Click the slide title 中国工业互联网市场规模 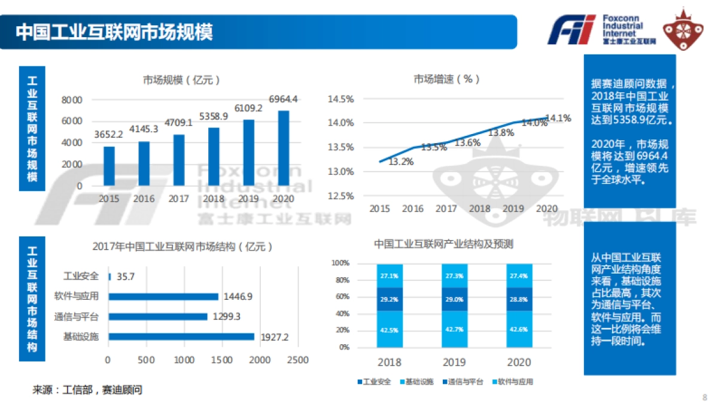[x=114, y=32]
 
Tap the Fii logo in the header [x=572, y=30]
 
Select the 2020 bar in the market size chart [x=284, y=148]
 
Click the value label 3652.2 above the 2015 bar [x=108, y=135]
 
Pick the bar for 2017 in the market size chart [x=179, y=160]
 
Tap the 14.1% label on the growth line [x=559, y=118]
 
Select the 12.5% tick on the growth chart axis [x=340, y=196]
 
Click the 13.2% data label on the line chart [x=401, y=162]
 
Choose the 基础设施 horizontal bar [x=181, y=336]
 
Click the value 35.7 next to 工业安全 [x=126, y=277]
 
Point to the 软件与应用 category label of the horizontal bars [x=76, y=296]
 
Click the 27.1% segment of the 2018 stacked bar [x=389, y=276]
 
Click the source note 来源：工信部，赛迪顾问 [x=87, y=390]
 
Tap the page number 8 [x=704, y=397]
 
